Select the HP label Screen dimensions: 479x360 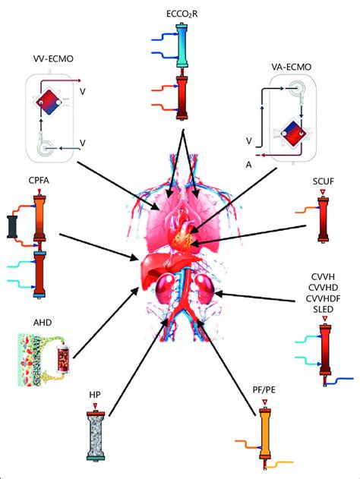(96, 394)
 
